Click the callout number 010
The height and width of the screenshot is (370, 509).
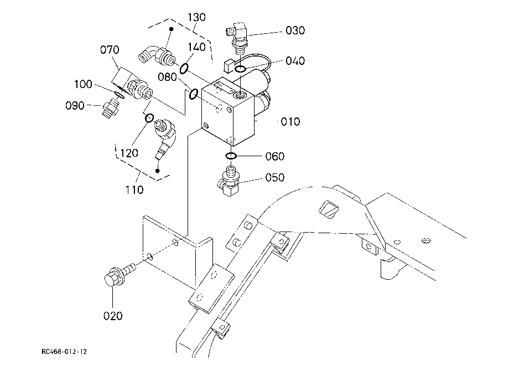click(x=290, y=122)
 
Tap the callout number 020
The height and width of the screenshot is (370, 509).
click(x=113, y=316)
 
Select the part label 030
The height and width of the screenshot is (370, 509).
click(x=295, y=30)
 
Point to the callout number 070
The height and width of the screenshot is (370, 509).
click(x=110, y=50)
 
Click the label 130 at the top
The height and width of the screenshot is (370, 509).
click(x=197, y=17)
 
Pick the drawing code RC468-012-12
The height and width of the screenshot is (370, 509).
click(x=64, y=352)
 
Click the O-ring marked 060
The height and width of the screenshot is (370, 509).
click(x=231, y=156)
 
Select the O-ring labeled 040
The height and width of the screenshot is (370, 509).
click(x=241, y=69)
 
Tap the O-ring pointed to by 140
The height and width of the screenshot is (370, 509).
click(x=184, y=69)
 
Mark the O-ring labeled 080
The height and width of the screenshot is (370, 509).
click(x=194, y=94)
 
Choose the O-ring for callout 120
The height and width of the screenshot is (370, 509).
click(x=149, y=118)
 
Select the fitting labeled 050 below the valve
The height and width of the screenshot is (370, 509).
click(x=229, y=181)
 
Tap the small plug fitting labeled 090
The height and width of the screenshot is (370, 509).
click(x=110, y=108)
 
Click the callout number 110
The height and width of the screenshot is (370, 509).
click(x=134, y=189)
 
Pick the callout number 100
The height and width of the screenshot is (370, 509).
click(x=83, y=84)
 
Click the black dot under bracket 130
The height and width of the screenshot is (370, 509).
click(x=172, y=29)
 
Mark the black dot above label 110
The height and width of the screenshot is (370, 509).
click(x=158, y=171)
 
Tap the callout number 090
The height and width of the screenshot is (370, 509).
click(x=75, y=106)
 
